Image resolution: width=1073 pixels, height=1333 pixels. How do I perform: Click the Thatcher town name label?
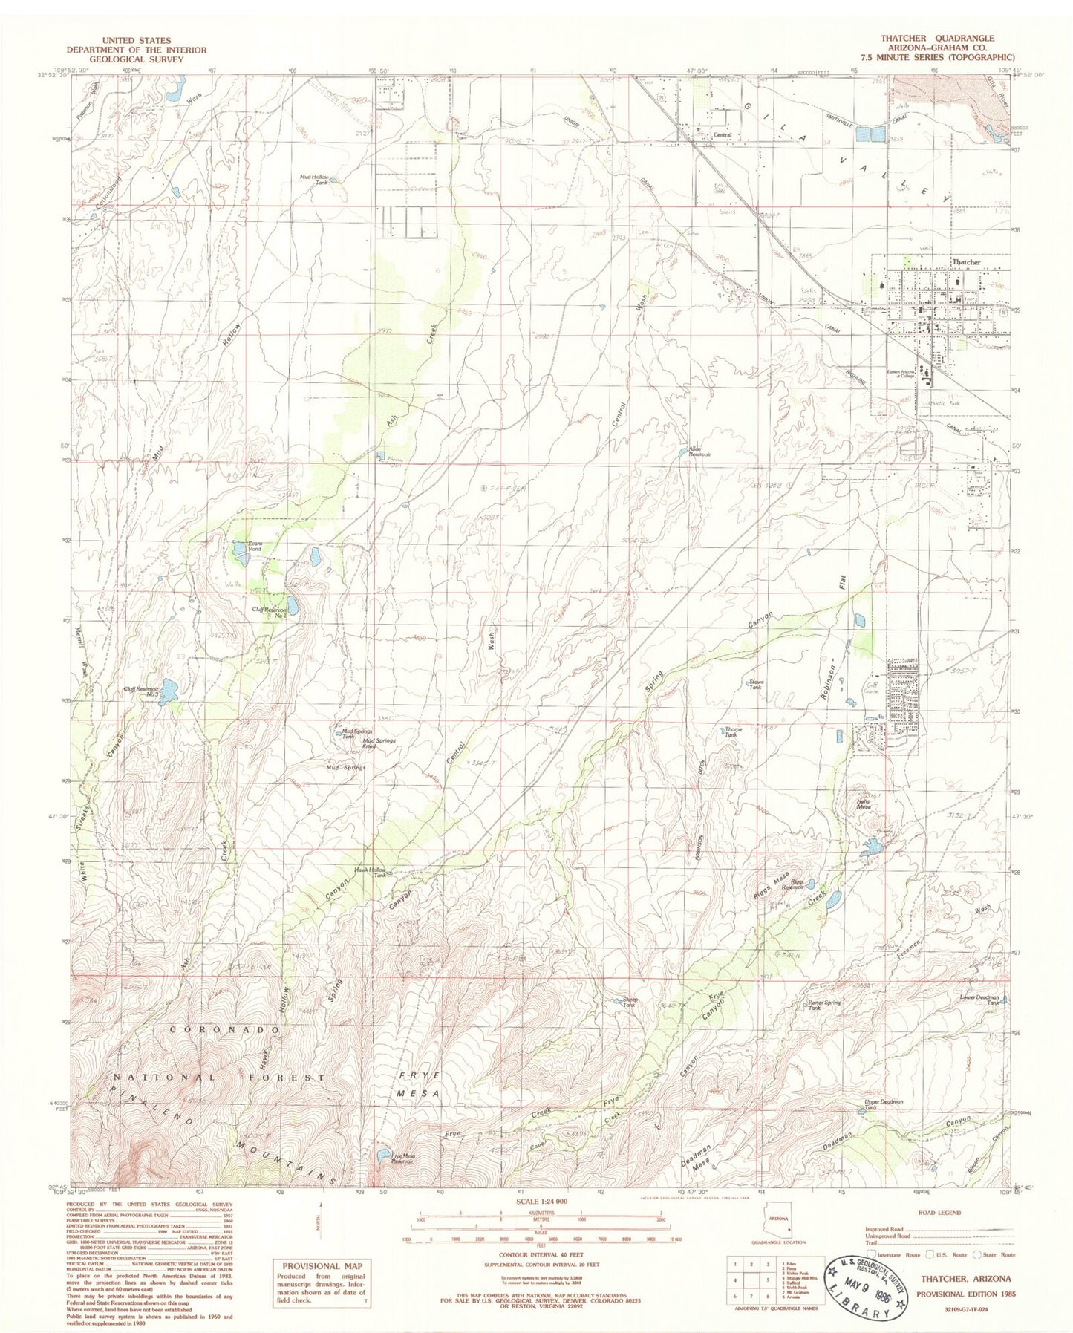965,262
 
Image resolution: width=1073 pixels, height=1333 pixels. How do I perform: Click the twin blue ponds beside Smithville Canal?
864,134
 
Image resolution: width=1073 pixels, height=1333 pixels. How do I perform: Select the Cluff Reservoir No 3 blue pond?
169,691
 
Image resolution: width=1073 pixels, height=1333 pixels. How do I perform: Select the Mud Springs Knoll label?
379,743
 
